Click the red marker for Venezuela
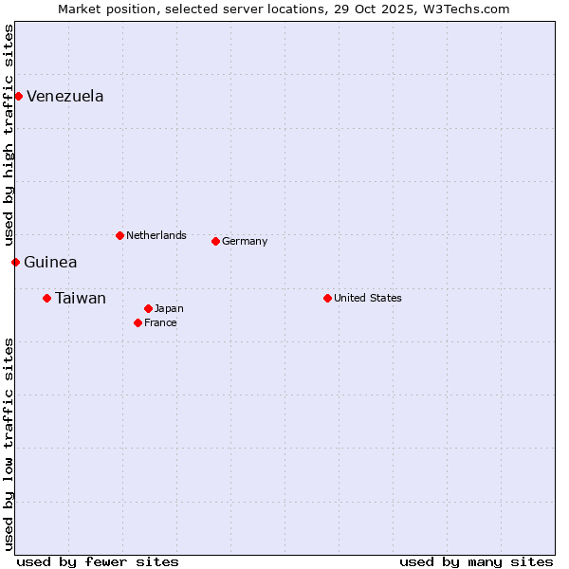(x=18, y=96)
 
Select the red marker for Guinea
(x=15, y=262)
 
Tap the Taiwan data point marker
(x=46, y=298)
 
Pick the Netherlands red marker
(x=119, y=235)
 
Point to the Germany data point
(x=215, y=241)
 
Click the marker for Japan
(x=148, y=308)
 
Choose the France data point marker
(x=138, y=322)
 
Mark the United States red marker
(x=327, y=298)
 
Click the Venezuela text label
(x=65, y=96)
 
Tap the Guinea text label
(x=51, y=262)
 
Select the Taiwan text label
(x=81, y=298)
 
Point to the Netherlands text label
(x=156, y=235)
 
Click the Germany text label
(x=245, y=241)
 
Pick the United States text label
(x=368, y=298)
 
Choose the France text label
(x=160, y=322)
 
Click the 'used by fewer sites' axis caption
(x=98, y=561)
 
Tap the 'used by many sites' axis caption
(x=476, y=561)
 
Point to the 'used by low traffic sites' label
(x=9, y=443)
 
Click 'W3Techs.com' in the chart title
(x=468, y=9)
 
